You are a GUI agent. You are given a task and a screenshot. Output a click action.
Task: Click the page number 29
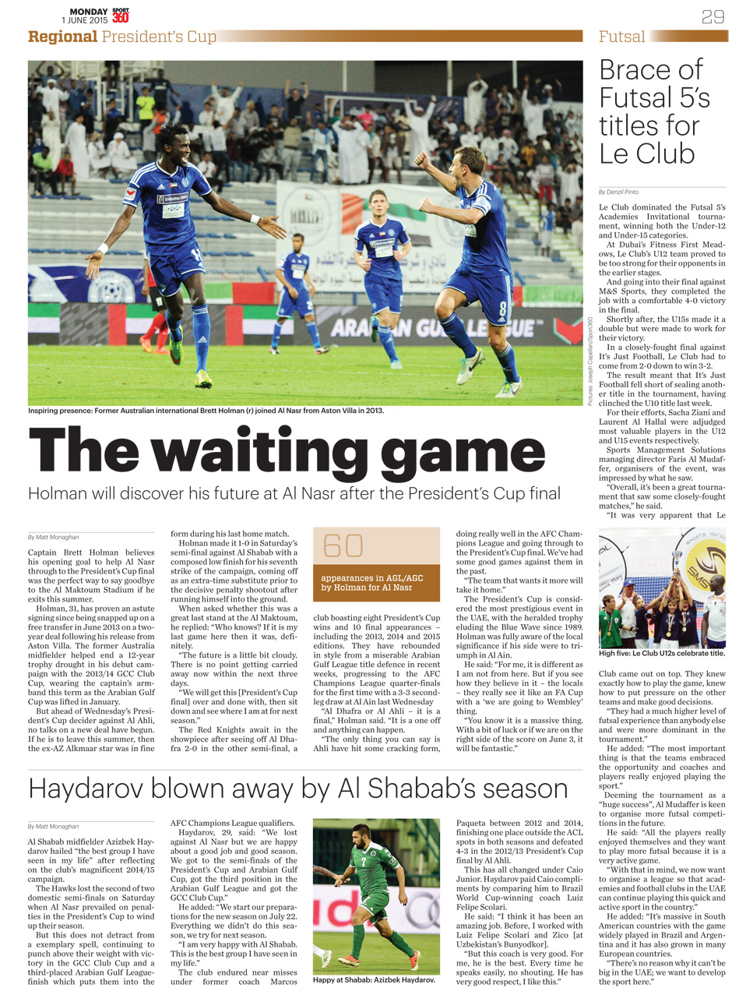713,16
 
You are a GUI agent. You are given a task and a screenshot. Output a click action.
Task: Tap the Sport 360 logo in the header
121,15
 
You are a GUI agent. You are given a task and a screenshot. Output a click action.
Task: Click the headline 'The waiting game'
287,453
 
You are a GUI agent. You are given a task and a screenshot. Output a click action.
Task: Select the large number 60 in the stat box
343,546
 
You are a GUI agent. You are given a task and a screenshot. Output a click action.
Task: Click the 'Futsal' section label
621,37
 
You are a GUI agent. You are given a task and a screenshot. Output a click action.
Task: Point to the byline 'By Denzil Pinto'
618,192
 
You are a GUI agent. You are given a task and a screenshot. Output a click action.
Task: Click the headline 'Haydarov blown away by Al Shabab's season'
297,789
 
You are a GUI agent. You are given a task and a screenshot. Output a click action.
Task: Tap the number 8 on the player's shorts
502,308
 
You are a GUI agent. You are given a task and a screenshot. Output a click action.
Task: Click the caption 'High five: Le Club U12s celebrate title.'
661,654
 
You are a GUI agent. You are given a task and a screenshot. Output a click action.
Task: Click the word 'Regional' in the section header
62,37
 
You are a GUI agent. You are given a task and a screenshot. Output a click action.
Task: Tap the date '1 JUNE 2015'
84,20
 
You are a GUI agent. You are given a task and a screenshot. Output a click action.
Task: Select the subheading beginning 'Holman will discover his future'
294,493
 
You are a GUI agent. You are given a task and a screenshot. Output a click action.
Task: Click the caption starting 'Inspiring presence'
206,411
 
